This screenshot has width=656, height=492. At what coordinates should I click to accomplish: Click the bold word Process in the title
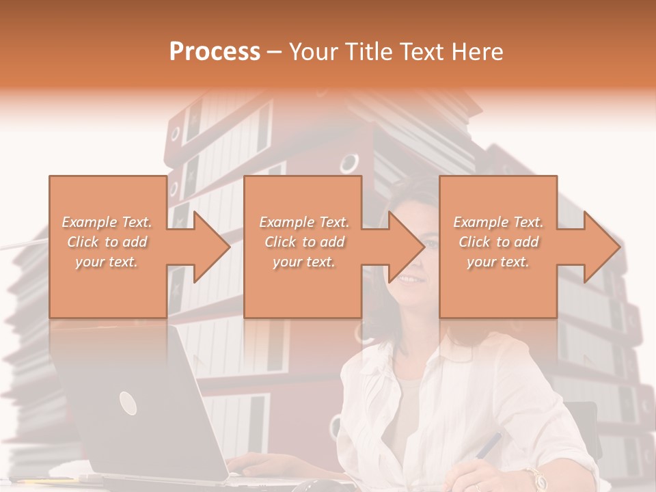(x=215, y=52)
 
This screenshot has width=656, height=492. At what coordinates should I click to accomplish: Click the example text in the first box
(x=107, y=242)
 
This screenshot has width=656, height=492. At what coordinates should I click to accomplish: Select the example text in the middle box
(x=304, y=242)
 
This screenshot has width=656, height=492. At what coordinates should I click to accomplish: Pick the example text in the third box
(x=498, y=242)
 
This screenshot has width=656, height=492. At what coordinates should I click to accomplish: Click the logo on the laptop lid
(x=128, y=403)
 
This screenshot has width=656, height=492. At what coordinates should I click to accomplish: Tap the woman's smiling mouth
(x=409, y=279)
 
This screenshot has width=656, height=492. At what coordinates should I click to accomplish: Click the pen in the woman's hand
(x=488, y=446)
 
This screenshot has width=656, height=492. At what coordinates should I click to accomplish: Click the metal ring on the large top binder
(x=348, y=163)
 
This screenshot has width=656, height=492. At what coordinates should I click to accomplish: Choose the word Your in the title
(x=314, y=52)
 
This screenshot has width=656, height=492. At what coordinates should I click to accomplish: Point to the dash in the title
(x=275, y=52)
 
